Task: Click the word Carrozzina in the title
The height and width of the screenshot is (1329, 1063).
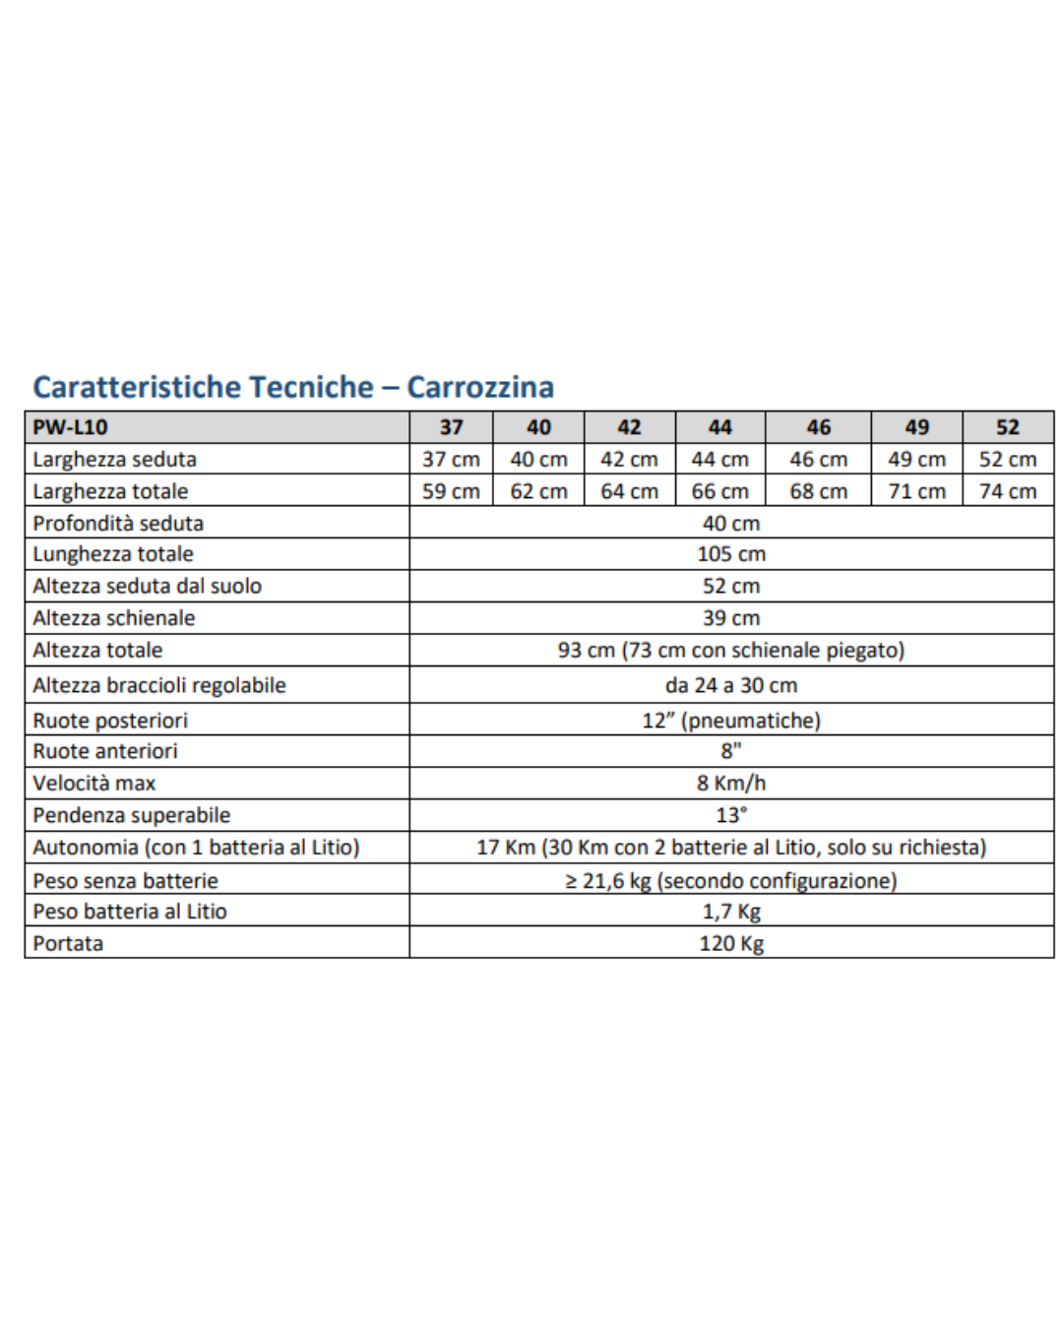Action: tap(480, 387)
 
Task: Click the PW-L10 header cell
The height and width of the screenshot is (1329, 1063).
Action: tap(70, 427)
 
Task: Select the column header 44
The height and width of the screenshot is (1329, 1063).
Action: tap(719, 427)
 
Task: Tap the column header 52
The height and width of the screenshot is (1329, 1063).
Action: tap(1007, 427)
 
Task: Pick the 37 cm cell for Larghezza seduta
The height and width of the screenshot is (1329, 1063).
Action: tap(451, 460)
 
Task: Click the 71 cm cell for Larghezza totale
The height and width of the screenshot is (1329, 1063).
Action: tap(916, 491)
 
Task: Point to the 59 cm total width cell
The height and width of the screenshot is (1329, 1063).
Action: tap(451, 491)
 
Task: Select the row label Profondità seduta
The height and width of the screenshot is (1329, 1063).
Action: tap(118, 523)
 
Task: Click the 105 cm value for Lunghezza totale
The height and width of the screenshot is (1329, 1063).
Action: tap(731, 554)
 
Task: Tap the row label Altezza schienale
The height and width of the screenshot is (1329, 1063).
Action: tap(114, 618)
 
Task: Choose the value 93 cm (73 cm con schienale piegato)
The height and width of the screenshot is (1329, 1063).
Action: tap(731, 650)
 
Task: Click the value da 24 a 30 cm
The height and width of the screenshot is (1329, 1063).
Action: tap(731, 685)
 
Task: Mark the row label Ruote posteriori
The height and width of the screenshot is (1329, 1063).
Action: tap(110, 721)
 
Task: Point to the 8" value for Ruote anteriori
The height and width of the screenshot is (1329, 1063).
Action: tap(731, 751)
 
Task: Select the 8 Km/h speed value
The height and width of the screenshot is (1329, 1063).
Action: tap(731, 784)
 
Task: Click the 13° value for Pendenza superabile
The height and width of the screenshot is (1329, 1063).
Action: tap(731, 815)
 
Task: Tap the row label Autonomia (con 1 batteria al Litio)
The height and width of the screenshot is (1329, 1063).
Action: tap(196, 848)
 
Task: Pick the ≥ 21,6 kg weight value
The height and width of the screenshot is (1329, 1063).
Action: tap(731, 881)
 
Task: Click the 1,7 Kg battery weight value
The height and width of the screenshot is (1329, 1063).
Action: tap(731, 912)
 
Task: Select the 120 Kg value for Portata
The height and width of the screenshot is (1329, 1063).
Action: tap(731, 943)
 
